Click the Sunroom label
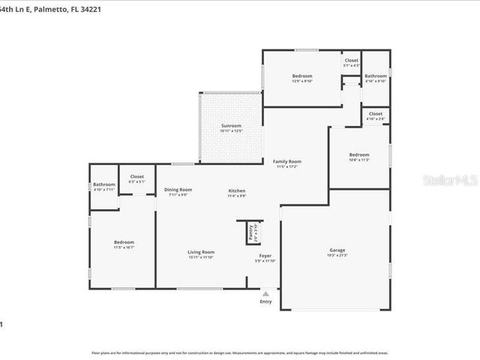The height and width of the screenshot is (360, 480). (x=231, y=125)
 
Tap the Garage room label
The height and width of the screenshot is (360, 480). (x=337, y=250)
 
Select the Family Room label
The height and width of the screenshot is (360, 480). (x=286, y=161)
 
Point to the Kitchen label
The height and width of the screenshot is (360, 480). (x=237, y=191)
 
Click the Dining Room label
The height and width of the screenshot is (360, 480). (x=178, y=190)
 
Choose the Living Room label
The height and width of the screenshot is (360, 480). (x=201, y=252)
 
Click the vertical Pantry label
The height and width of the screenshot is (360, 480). (x=251, y=232)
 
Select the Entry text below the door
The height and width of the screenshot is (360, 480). (x=265, y=301)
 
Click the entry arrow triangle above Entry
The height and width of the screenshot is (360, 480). (x=265, y=292)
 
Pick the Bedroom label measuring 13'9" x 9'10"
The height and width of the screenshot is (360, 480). (x=301, y=76)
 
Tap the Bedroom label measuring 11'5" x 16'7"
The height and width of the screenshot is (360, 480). (x=124, y=242)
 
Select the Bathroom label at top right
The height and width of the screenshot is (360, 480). (x=375, y=76)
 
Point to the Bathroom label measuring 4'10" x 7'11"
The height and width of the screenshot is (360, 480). (x=104, y=184)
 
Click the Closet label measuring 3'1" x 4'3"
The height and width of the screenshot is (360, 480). (x=351, y=61)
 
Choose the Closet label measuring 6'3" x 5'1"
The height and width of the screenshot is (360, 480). (x=137, y=177)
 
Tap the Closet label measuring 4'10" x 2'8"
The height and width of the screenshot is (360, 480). (x=376, y=114)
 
